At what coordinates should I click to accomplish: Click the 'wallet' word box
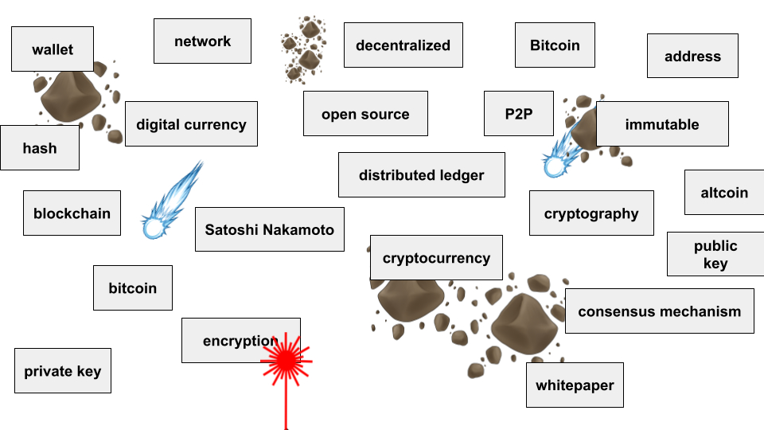53,49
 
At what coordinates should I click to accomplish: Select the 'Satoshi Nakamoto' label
270,230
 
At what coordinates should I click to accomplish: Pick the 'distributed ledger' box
421,175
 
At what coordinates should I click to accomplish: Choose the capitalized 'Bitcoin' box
555,45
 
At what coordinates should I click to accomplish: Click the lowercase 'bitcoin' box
133,288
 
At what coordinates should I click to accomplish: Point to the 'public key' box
715,255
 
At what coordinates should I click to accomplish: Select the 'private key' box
63,371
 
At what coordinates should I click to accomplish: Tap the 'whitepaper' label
575,385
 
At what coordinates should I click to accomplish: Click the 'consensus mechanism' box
659,311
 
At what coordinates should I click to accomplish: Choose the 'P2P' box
518,114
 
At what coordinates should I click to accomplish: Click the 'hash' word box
40,148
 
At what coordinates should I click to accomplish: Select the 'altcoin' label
724,193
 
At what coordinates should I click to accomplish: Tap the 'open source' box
365,114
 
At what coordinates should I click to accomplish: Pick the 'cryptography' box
591,213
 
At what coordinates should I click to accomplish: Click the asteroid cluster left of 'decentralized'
303,47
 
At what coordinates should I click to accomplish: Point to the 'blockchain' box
72,213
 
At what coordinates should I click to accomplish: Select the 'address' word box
692,57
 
